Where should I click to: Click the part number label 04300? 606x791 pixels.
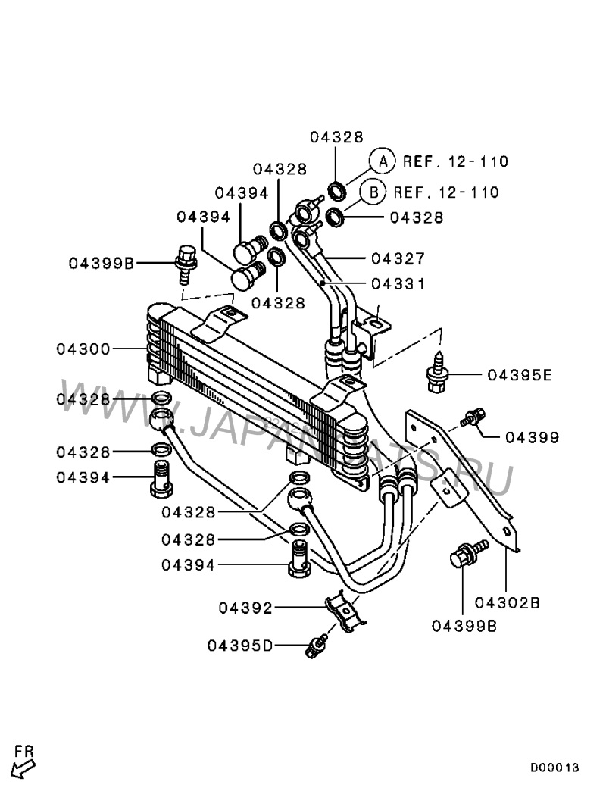coord(83,349)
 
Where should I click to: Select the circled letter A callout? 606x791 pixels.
coord(383,161)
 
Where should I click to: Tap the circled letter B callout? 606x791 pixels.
coord(373,192)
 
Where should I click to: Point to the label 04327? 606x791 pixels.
coord(398,259)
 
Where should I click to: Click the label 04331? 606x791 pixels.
coord(398,284)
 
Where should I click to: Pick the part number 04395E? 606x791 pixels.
coord(520,375)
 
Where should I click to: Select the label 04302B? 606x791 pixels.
coord(508,603)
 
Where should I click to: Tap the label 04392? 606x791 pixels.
coord(245,608)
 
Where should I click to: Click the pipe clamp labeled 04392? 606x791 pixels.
coord(345,612)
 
